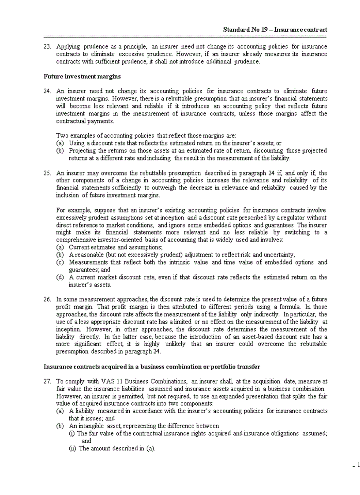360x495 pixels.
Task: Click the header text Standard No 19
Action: click(247, 30)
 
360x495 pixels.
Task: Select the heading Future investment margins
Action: click(82, 76)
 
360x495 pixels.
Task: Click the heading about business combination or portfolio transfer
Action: click(152, 366)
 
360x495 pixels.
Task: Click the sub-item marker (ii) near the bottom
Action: click(72, 448)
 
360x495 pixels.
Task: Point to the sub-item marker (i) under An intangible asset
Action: click(72, 433)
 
